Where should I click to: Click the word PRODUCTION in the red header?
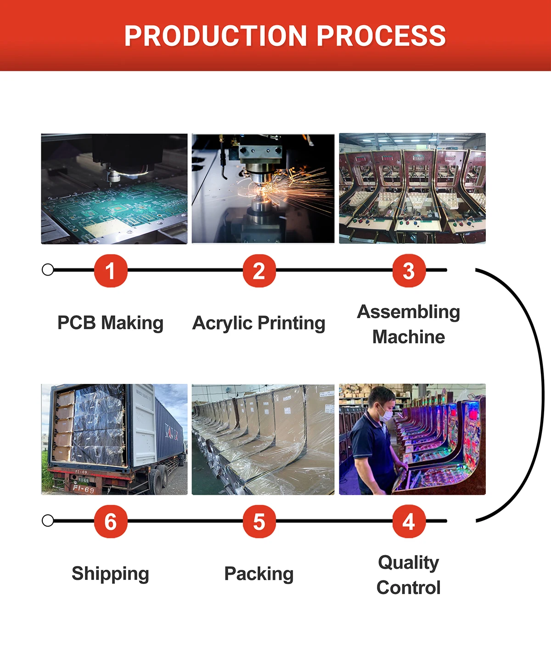[215, 36]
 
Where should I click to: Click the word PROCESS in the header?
[381, 36]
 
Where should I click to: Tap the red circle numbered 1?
[110, 271]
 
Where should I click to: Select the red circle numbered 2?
[259, 271]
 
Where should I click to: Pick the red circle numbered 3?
[409, 271]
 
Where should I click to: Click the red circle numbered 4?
[409, 522]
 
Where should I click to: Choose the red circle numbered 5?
[259, 522]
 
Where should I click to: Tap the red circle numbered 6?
[110, 522]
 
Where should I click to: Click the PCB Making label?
[110, 323]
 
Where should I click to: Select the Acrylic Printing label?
[259, 323]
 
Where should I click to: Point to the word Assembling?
[409, 312]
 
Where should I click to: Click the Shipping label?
[110, 574]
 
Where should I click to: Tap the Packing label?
[259, 574]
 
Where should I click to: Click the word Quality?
[409, 562]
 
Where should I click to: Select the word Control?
[409, 588]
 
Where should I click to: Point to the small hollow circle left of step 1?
[48, 270]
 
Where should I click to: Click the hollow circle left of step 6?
[48, 521]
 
